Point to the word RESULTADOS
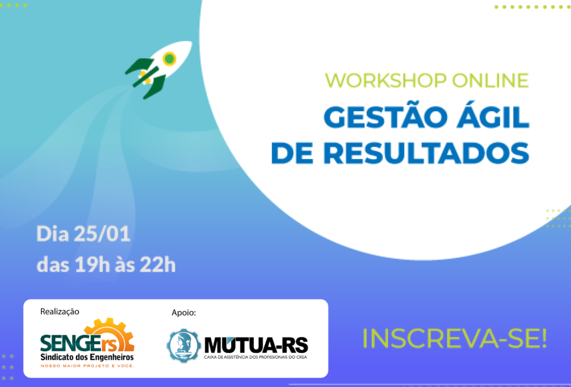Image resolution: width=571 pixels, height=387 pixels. point(426,153)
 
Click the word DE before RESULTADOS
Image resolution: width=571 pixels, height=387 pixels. point(292,153)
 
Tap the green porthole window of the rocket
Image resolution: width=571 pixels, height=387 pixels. point(170,58)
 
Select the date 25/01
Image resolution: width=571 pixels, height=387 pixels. point(102,234)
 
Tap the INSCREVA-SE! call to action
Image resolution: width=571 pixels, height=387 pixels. point(454,338)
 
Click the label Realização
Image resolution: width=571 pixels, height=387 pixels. point(60,312)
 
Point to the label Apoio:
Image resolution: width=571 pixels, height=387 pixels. point(184,312)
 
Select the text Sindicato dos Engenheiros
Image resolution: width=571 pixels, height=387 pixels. point(87,357)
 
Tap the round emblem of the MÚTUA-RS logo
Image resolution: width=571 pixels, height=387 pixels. point(183,346)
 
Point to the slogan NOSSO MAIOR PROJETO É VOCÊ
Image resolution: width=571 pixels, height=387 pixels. point(87,365)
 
